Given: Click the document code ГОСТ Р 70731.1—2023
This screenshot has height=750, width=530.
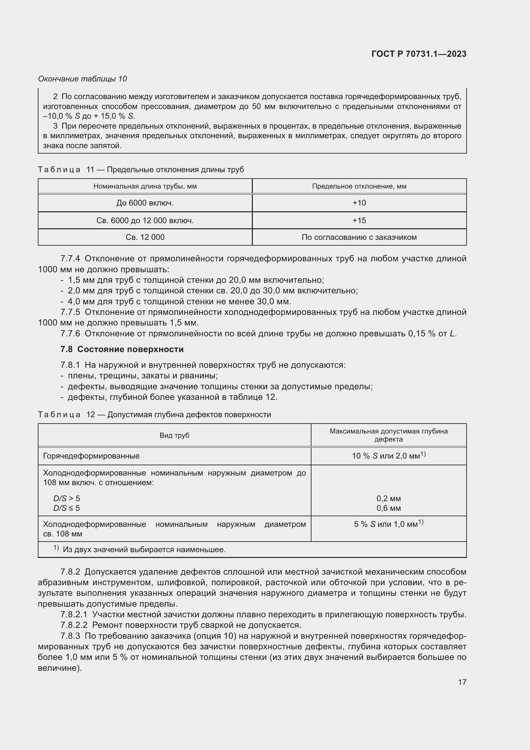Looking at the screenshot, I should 419,54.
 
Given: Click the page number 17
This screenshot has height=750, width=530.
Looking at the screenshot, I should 462,682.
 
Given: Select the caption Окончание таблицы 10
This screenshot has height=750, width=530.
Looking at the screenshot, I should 83,79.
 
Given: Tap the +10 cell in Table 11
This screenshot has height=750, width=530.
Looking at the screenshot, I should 359,203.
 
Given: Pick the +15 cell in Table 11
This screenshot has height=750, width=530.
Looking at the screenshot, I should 359,221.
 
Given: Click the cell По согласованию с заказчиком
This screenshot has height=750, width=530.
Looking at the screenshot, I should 359,237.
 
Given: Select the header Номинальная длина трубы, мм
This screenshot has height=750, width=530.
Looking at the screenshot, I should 145,186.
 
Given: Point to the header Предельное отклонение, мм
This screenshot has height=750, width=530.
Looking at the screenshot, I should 359,186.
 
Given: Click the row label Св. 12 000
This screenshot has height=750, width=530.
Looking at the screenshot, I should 145,237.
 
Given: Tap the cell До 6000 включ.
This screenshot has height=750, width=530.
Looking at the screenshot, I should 145,203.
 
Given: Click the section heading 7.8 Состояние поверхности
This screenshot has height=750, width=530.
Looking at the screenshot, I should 122,350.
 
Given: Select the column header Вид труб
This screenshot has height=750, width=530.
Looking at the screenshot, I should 174,435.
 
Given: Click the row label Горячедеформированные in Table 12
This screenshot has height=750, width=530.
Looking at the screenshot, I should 91,456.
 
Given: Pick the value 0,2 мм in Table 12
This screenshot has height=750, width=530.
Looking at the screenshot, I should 388,499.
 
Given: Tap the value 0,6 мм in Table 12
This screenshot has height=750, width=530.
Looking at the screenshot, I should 388,508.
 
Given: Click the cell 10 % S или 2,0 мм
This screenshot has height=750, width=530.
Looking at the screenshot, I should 388,455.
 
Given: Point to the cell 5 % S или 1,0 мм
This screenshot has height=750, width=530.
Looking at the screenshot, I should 388,524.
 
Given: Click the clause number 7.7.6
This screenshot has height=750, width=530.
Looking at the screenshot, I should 70,333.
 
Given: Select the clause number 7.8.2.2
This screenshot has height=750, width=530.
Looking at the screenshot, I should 74,625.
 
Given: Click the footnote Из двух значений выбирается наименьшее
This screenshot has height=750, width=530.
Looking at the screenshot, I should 144,550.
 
